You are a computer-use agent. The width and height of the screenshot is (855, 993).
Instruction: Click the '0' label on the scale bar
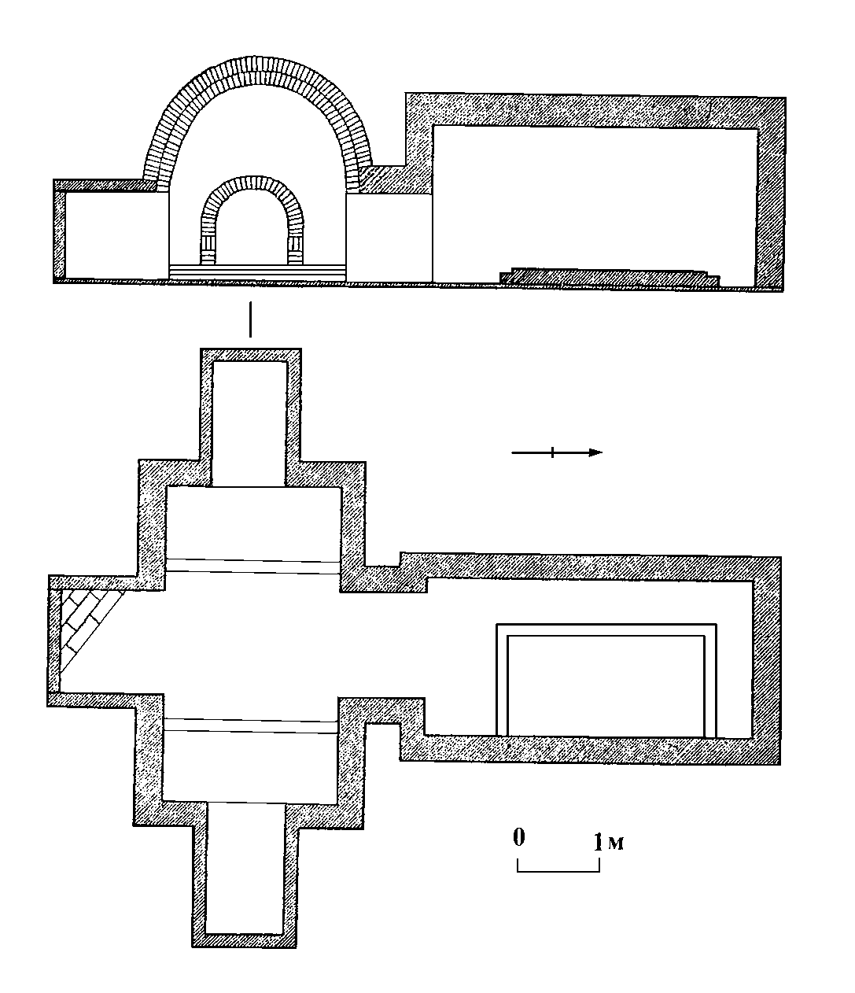518,837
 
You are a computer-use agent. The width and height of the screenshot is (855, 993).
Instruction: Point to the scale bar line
558,870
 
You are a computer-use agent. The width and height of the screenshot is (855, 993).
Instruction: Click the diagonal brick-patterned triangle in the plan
85,622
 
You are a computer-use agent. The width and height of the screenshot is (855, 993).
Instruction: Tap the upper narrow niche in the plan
249,421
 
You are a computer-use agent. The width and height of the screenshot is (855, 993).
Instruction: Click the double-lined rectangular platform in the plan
606,681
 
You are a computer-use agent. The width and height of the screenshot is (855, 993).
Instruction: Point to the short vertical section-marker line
250,319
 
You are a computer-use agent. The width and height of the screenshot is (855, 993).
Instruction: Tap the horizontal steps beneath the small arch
256,269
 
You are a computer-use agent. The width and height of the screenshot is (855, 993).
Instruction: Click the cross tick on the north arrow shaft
553,452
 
